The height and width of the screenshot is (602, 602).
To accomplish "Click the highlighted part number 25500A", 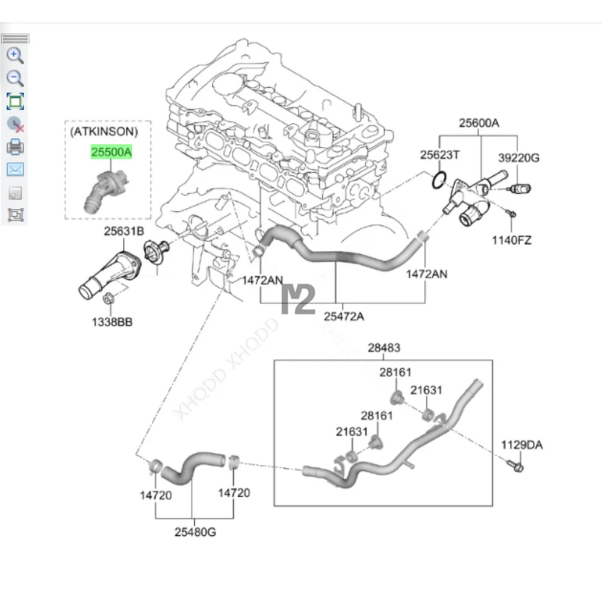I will click(111, 152).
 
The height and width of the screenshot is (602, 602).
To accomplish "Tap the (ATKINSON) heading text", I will click(104, 131).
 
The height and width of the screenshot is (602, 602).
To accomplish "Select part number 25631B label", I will click(123, 231).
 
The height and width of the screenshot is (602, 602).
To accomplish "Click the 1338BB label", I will click(112, 322).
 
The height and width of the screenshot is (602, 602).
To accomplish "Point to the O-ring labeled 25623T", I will click(440, 178).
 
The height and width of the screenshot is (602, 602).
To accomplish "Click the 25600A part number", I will click(479, 123).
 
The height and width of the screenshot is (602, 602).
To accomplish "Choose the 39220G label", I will click(519, 158).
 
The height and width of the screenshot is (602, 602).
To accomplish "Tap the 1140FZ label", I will click(511, 241).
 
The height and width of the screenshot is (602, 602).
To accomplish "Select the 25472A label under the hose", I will click(344, 316).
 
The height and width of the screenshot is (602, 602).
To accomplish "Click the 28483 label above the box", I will click(383, 347).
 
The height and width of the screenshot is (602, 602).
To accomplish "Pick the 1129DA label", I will click(522, 445).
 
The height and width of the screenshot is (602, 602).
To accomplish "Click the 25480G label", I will click(194, 532).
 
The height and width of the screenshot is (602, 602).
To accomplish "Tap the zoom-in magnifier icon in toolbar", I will click(15, 56).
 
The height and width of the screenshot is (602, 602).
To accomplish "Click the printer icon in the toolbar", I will click(15, 146).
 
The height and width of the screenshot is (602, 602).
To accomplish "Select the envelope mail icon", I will click(15, 169).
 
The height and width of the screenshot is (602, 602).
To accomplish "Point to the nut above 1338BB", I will click(110, 297).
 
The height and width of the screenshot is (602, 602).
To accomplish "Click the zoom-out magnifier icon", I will click(15, 78).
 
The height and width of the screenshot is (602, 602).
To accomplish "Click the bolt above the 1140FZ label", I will click(511, 214).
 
